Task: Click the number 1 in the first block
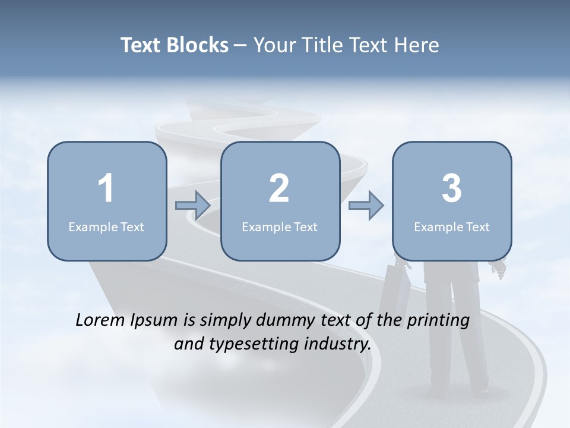[x=106, y=188]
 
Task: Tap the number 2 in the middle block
[x=279, y=188]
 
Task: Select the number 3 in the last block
[x=452, y=188]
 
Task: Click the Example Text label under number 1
[x=106, y=226]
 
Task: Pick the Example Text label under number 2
[x=280, y=226]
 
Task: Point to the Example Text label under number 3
[x=452, y=226]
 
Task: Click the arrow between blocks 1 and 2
[x=193, y=206]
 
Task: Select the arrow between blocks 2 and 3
[x=366, y=206]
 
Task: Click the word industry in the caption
[x=339, y=344]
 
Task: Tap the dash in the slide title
[x=240, y=46]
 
